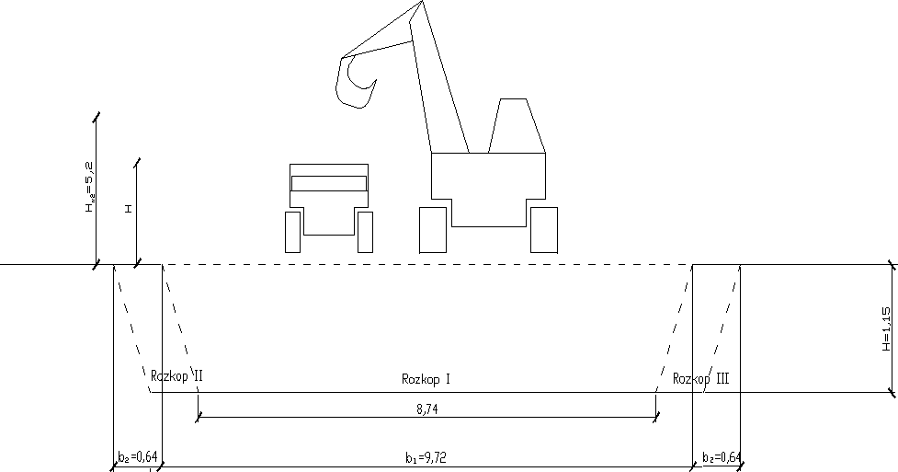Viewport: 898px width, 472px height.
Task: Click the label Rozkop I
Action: tap(426, 379)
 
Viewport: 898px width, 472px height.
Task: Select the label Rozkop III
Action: tap(700, 379)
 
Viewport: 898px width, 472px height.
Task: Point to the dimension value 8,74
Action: tap(426, 408)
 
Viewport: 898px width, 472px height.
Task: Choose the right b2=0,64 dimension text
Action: tap(719, 456)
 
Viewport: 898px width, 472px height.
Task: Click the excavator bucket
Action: tap(355, 81)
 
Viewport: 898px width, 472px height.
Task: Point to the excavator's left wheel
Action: tap(433, 230)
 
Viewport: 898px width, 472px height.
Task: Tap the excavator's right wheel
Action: tap(543, 230)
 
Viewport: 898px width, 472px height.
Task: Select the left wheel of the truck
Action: tap(293, 232)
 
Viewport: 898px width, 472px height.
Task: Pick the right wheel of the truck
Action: tap(365, 232)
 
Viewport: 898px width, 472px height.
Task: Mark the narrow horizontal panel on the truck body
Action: tap(329, 182)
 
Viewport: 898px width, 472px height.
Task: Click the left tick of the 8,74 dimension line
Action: tap(198, 417)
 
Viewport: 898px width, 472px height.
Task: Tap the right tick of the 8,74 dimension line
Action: tap(655, 417)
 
